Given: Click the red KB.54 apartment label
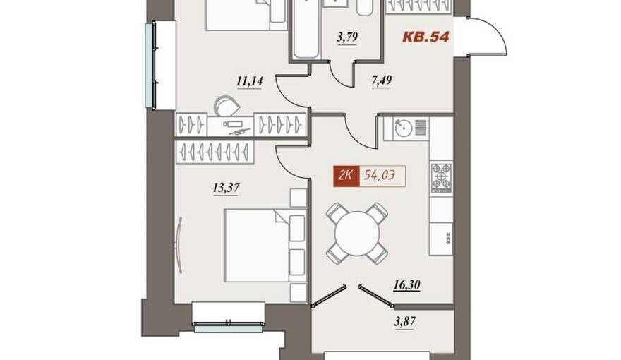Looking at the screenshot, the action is (x=426, y=37).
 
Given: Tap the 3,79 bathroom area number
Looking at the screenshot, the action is (x=347, y=37).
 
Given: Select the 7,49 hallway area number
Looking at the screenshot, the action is (x=382, y=80).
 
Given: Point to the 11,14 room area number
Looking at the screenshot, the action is (x=250, y=82).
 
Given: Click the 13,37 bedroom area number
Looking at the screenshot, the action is (x=226, y=187).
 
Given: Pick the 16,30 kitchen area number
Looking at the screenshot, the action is (x=406, y=284).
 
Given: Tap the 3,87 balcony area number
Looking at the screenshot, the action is (x=405, y=321).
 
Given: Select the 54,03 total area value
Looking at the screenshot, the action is (x=379, y=175).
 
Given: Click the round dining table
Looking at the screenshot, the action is (x=357, y=234).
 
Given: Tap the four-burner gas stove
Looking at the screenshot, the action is (x=441, y=178).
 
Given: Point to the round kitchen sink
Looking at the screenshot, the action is (x=404, y=128).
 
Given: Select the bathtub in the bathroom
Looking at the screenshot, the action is (x=306, y=30).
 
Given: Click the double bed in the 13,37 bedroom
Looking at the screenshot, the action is (x=265, y=246).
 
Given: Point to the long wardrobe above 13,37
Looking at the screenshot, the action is (x=215, y=152).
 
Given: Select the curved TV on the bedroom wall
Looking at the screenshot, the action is (x=179, y=245).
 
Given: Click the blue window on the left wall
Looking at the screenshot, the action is (x=150, y=66).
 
